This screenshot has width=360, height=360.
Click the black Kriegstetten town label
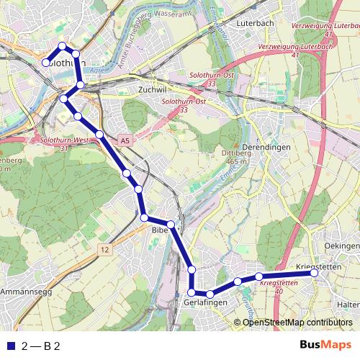(318, 268)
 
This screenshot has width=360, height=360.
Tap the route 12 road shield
(105, 249)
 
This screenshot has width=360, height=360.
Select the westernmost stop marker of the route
(46, 63)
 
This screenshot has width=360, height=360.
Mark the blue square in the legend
(9, 346)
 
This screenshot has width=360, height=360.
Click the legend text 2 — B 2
(41, 346)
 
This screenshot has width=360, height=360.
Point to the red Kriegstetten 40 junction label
(278, 287)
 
